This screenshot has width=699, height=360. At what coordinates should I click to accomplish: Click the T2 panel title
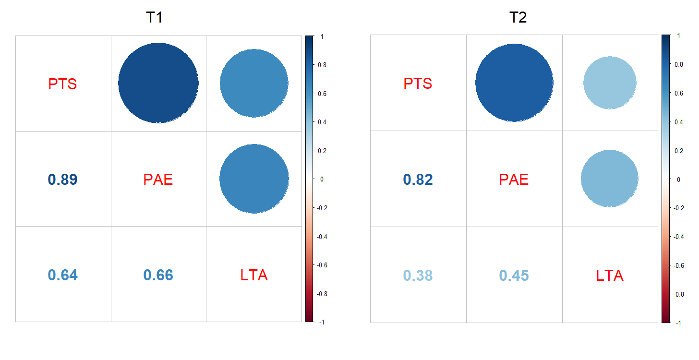(x=518, y=18)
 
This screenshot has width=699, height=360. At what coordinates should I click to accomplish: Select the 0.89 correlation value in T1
(x=63, y=180)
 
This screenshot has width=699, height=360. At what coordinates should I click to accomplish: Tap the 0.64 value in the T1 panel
(x=63, y=275)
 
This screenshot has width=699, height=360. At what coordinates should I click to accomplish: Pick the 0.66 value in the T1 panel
(x=158, y=275)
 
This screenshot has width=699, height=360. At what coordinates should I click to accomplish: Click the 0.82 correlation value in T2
(x=418, y=180)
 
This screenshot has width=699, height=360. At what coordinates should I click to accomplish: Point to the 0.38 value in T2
(x=418, y=276)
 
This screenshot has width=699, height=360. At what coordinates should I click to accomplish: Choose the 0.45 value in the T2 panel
(x=514, y=276)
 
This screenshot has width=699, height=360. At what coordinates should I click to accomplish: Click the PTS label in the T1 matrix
(x=63, y=84)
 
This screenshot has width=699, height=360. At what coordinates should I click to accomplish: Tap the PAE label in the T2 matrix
(x=514, y=180)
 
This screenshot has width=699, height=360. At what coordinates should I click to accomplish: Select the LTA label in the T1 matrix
(x=254, y=275)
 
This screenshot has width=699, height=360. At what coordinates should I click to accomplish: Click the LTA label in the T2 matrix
(x=610, y=276)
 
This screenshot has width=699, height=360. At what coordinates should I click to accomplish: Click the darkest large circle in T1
(x=158, y=83)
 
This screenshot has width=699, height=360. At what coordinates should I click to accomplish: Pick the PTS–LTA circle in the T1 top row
(x=254, y=83)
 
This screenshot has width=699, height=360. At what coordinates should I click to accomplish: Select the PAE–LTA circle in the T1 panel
(x=254, y=179)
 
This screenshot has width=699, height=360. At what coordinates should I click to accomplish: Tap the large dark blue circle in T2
(x=514, y=83)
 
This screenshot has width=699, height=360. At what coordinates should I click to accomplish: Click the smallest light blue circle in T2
(x=610, y=83)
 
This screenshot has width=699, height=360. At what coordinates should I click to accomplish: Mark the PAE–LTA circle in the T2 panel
(x=610, y=179)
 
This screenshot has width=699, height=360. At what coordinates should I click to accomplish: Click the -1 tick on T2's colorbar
(x=677, y=323)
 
